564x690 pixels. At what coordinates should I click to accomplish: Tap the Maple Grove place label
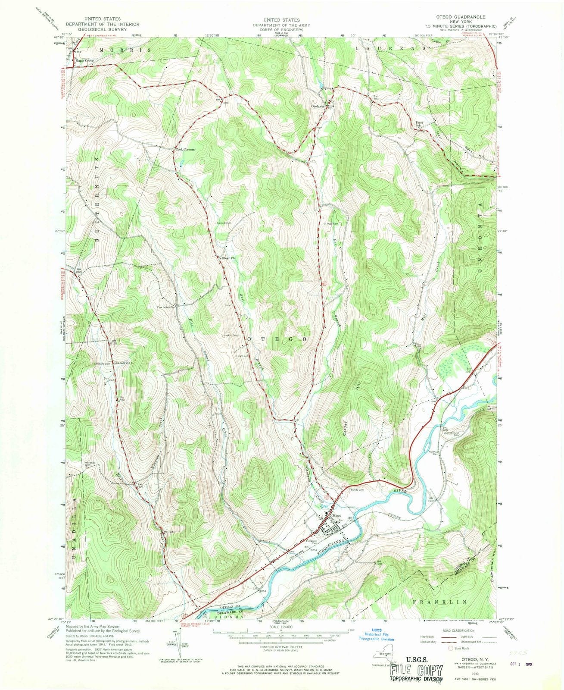(84, 60)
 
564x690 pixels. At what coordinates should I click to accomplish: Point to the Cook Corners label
(185, 150)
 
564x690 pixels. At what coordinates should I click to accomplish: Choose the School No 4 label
(125, 363)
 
